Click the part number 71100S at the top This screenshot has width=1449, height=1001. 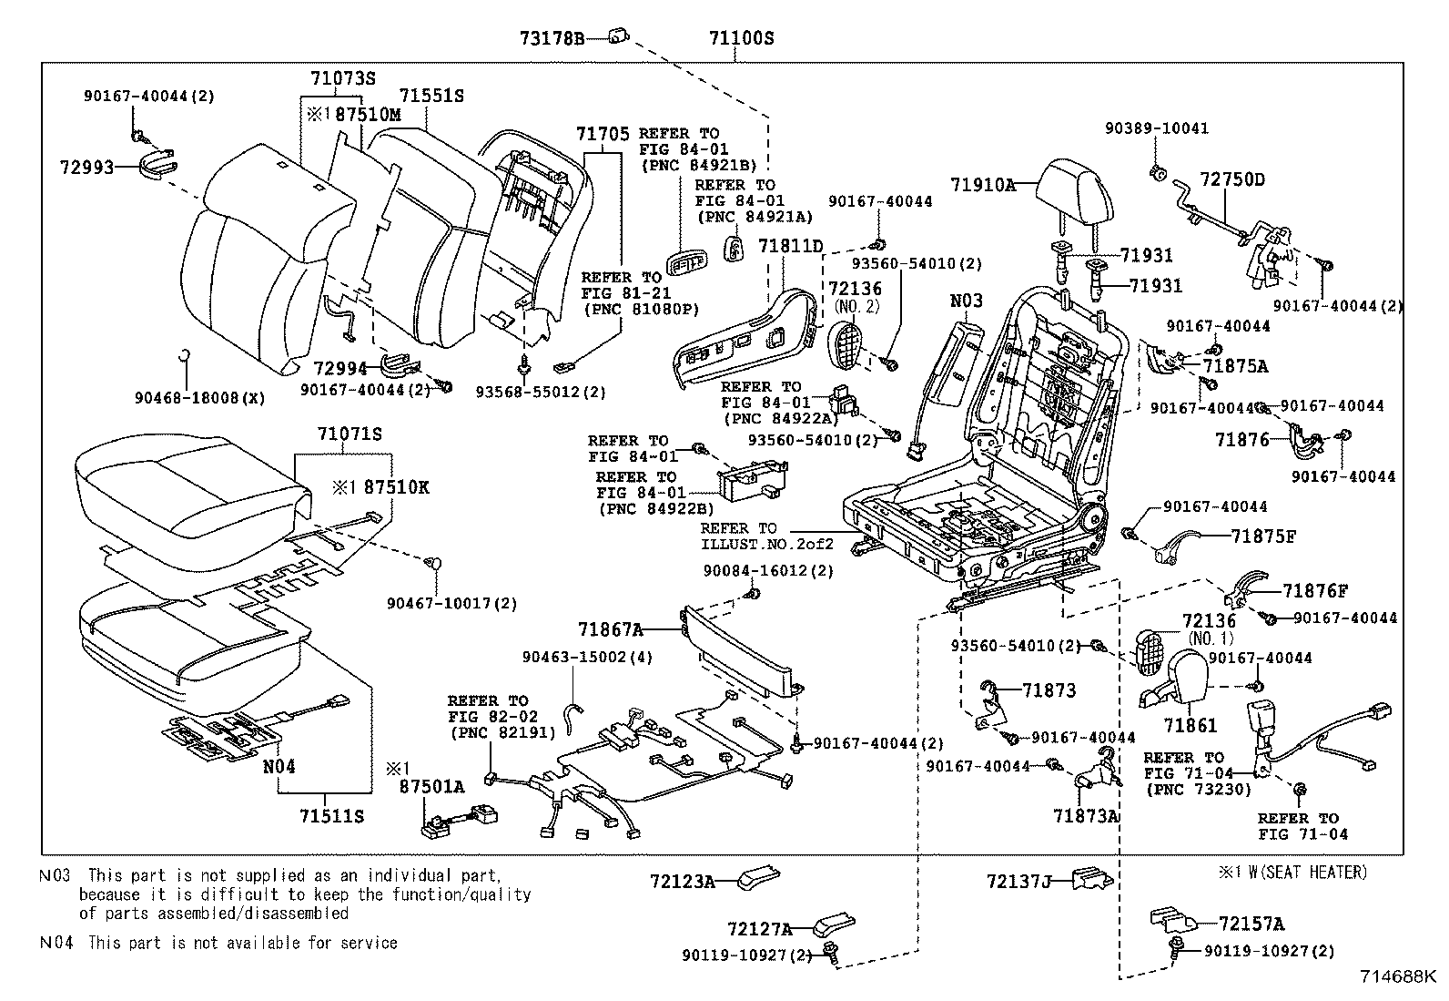[741, 38]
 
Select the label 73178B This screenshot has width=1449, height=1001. [552, 38]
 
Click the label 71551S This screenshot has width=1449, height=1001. [431, 96]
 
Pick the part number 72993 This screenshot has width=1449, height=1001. [86, 168]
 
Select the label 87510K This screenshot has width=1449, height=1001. [396, 487]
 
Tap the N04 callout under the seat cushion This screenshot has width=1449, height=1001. [279, 766]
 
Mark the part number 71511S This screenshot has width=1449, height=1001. [330, 816]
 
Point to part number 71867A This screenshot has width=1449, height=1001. [610, 628]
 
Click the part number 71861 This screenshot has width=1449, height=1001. [1191, 726]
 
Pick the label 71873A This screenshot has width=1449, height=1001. [1085, 816]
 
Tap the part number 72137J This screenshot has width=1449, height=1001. [1018, 881]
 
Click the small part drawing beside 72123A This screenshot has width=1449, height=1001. [756, 878]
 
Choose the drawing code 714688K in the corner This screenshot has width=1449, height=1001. [1397, 976]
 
